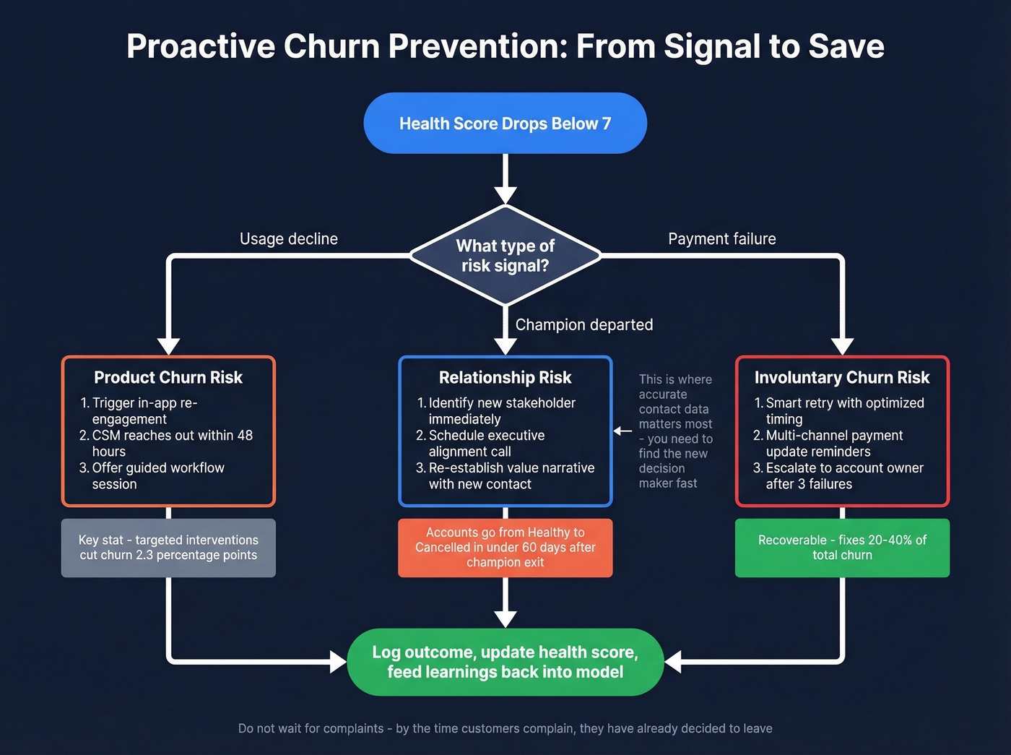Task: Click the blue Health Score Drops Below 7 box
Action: pos(505,124)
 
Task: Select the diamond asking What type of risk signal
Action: pos(505,256)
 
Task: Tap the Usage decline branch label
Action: pos(288,239)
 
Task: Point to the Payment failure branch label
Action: pos(721,239)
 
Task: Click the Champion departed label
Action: pos(583,325)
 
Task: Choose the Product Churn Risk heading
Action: pos(168,378)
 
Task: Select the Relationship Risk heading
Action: pos(505,378)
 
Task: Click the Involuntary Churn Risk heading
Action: pos(842,378)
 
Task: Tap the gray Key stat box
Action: pos(168,548)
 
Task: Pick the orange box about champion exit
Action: pos(505,548)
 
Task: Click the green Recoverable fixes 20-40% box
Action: pos(842,548)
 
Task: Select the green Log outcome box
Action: pos(505,662)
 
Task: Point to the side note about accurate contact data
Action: pos(674,431)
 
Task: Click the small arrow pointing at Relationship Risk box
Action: pos(622,431)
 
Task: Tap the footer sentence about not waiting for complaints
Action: pos(505,728)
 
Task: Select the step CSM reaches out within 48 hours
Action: pos(172,444)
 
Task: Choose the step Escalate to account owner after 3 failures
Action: pos(844,476)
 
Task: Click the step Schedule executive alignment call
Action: pos(486,444)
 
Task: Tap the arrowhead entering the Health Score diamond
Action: pos(505,194)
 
